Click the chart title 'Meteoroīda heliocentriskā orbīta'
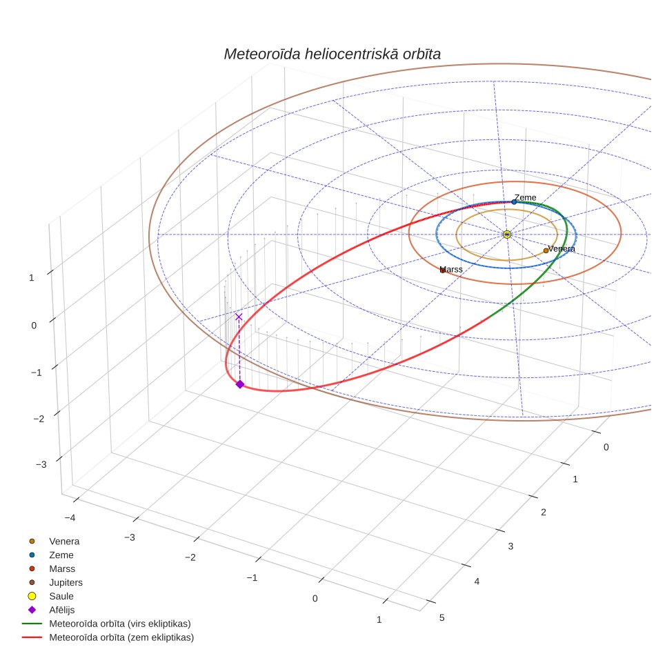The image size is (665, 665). coord(332,54)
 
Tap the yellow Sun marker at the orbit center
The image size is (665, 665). coord(507,234)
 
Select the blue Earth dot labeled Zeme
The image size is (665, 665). coord(514,202)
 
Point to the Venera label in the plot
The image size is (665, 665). coord(562,248)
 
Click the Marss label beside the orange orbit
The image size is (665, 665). coord(451,269)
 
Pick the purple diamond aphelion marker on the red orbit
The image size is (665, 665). coord(240,384)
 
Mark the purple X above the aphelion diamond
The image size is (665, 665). coord(239,317)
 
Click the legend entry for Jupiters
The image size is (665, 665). coord(66,582)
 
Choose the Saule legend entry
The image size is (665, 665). coord(61,596)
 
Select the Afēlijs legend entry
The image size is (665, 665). coord(62,609)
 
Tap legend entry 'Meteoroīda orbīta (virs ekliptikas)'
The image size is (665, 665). coord(120,624)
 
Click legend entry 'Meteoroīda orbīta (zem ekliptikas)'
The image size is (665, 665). coord(121,637)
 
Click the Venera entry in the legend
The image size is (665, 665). coord(64,541)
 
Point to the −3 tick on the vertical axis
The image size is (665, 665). coord(41,464)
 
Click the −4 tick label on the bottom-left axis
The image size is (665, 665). coord(70,517)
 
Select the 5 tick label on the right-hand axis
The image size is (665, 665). coord(442,617)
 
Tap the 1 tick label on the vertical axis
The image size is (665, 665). coord(31,278)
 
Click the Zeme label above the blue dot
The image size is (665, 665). coord(526,197)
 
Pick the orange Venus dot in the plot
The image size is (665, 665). coord(546,250)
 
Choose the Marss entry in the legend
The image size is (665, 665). coord(62,568)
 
